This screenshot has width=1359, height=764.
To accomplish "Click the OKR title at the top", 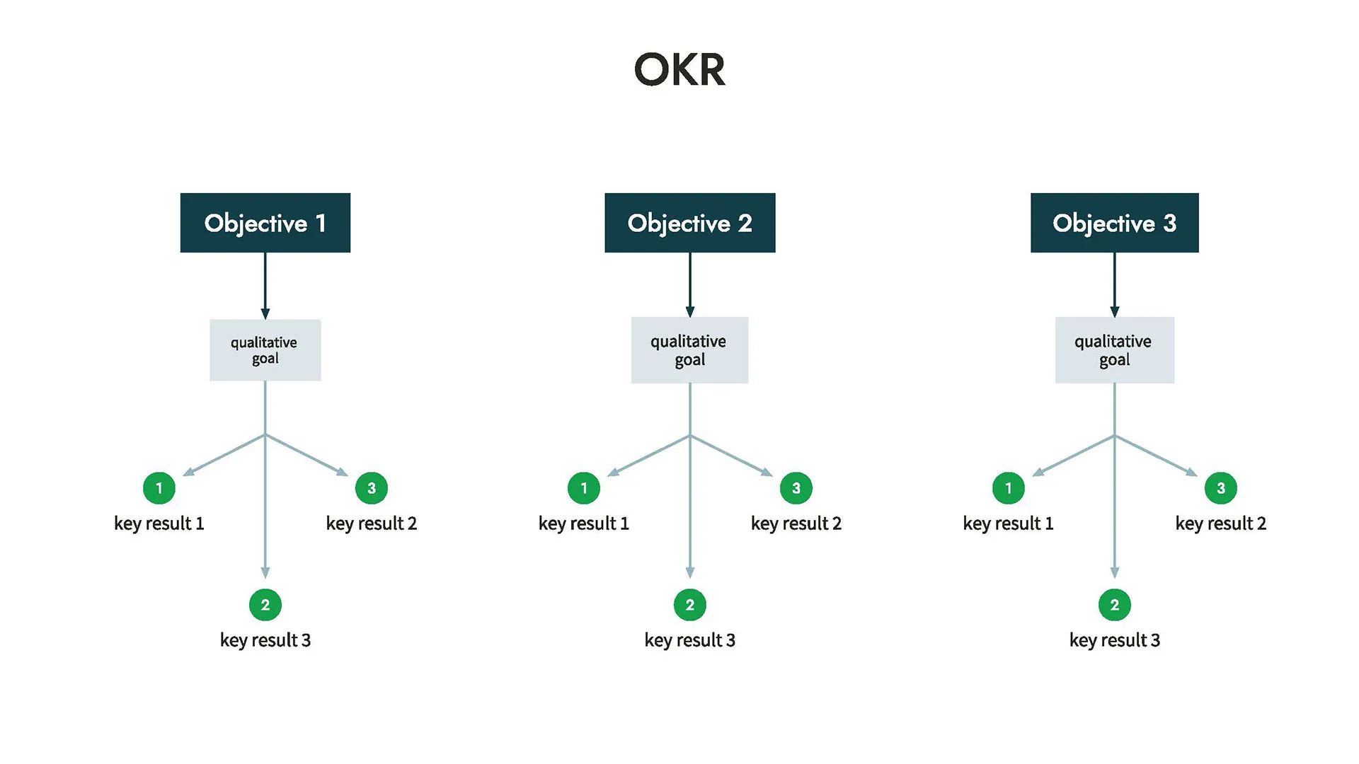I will (679, 69).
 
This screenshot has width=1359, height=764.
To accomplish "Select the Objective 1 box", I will (265, 223).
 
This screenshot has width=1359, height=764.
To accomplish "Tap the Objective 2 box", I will (689, 223).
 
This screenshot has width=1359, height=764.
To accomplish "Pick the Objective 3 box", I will (1114, 223).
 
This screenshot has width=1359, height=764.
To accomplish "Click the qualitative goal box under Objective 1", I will (265, 350).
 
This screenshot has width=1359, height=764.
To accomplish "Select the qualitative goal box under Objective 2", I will (689, 350).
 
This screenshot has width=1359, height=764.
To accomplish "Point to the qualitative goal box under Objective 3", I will (1114, 350).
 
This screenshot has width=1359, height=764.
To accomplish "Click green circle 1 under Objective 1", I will (159, 488).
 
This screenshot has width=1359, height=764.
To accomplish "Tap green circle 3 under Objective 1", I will (371, 488).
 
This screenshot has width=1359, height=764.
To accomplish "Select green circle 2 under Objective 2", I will (689, 605).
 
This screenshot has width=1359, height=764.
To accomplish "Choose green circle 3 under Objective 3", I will (1220, 488).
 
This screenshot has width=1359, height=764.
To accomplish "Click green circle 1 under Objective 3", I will (1008, 488).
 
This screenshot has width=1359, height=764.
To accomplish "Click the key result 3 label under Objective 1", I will (265, 640).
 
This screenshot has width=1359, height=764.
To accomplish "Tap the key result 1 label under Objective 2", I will (583, 523).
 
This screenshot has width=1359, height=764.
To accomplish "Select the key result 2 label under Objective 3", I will (1220, 523).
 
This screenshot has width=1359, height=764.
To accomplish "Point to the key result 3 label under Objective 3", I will (1114, 640).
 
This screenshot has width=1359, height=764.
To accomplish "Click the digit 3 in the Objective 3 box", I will (1169, 224).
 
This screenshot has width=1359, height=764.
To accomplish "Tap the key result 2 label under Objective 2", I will (796, 523).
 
